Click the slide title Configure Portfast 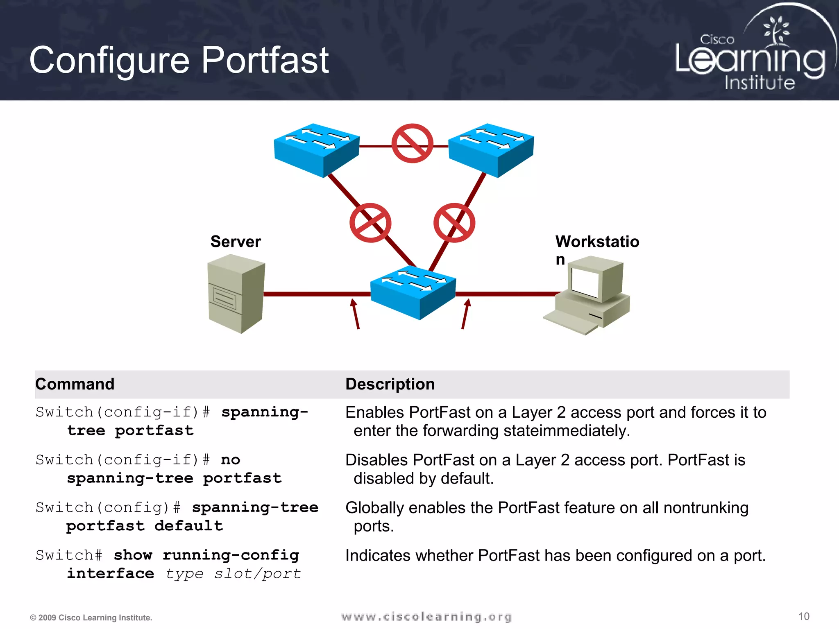pyautogui.click(x=179, y=60)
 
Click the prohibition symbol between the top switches pyautogui.click(x=412, y=143)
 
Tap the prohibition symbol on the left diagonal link pyautogui.click(x=370, y=223)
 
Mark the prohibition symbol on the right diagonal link pyautogui.click(x=454, y=223)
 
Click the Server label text pyautogui.click(x=236, y=242)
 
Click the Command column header pyautogui.click(x=75, y=384)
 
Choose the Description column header pyautogui.click(x=390, y=384)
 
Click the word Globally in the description pyautogui.click(x=375, y=508)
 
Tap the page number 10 pyautogui.click(x=804, y=616)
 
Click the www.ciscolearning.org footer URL pyautogui.click(x=426, y=617)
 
